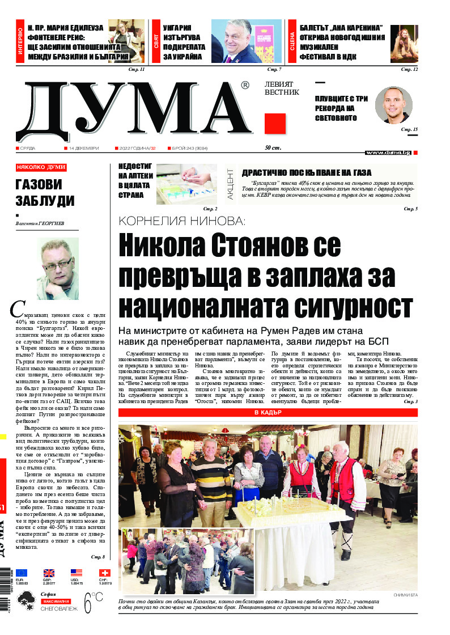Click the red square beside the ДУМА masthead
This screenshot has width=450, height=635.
click(275, 124)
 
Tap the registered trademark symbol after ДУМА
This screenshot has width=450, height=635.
click(244, 86)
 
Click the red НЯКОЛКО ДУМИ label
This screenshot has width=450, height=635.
click(41, 167)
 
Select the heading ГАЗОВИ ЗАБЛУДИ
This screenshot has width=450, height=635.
click(39, 193)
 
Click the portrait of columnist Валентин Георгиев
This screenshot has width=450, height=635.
click(57, 268)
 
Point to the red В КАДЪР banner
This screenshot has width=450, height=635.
click(268, 413)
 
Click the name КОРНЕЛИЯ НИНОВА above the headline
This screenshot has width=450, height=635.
click(181, 221)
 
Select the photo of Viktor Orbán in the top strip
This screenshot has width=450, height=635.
click(246, 41)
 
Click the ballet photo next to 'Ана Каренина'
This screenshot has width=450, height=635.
click(404, 44)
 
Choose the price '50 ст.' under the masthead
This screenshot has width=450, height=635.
click(273, 148)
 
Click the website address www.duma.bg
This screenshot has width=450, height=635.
click(388, 153)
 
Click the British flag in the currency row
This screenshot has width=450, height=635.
click(49, 573)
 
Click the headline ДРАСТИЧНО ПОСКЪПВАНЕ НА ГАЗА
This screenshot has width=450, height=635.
click(307, 172)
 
